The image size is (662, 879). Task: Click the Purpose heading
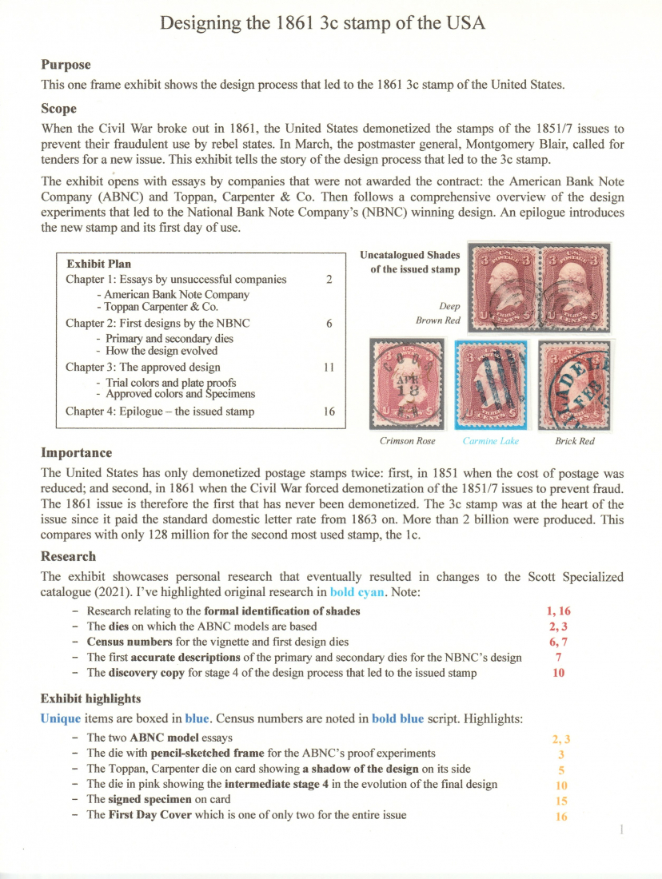point(66,65)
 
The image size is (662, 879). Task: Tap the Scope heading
point(58,109)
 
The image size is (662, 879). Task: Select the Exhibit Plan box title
point(99,264)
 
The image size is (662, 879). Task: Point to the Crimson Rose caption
point(408,440)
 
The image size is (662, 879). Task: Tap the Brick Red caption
point(574,440)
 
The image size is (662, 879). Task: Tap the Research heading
point(68,556)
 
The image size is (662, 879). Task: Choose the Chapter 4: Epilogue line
point(160,412)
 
